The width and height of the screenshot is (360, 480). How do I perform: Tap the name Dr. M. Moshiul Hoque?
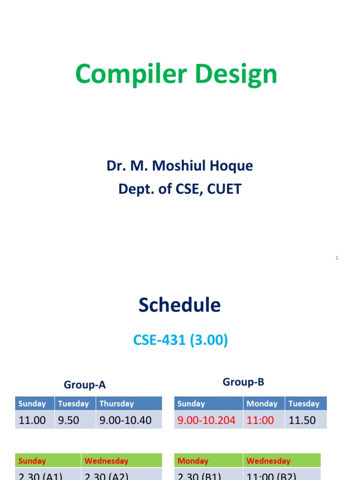pyautogui.click(x=180, y=166)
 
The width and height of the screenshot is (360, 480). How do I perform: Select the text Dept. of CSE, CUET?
pyautogui.click(x=180, y=189)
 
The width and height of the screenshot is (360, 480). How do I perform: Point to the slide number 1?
pyautogui.click(x=337, y=258)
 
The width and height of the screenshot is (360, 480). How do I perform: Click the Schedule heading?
pyautogui.click(x=180, y=305)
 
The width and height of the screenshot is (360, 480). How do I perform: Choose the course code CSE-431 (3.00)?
pyautogui.click(x=180, y=340)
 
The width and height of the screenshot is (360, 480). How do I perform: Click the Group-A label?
pyautogui.click(x=85, y=385)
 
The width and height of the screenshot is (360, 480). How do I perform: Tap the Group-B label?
pyautogui.click(x=243, y=382)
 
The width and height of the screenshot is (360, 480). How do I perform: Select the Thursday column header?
pyautogui.click(x=117, y=404)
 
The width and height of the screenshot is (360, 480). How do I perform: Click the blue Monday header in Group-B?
pyautogui.click(x=262, y=404)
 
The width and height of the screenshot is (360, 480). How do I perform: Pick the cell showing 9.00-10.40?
pyautogui.click(x=125, y=420)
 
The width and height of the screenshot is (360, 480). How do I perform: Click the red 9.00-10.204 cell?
pyautogui.click(x=206, y=420)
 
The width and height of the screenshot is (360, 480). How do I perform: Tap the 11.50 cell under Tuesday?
pyautogui.click(x=302, y=420)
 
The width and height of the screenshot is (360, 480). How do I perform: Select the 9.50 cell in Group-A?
pyautogui.click(x=68, y=420)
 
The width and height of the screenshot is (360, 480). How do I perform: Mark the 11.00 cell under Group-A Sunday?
pyautogui.click(x=32, y=420)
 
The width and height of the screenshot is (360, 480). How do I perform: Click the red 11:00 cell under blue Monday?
pyautogui.click(x=260, y=420)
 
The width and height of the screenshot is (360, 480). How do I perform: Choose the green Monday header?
pyautogui.click(x=193, y=461)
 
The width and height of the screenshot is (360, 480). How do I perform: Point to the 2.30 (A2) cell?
pyautogui.click(x=106, y=475)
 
